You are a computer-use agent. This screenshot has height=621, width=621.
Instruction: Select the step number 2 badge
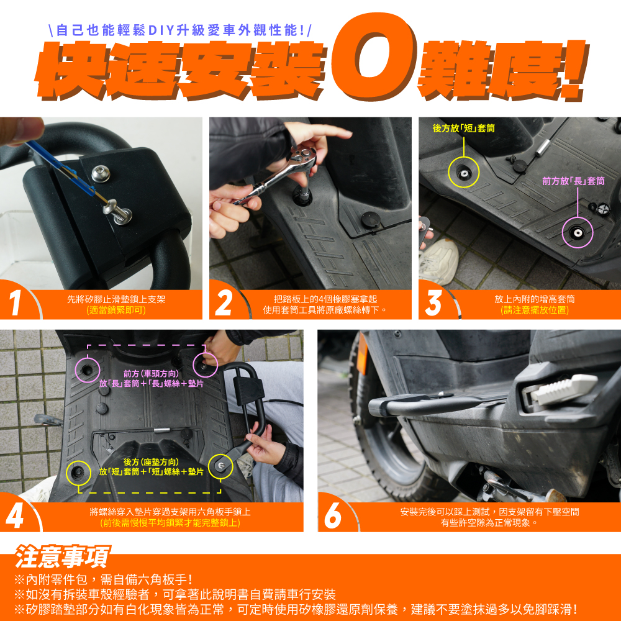tap(224, 303)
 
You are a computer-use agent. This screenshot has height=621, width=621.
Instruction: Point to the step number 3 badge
tap(433, 303)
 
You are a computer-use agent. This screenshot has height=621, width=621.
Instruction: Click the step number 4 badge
tap(15, 515)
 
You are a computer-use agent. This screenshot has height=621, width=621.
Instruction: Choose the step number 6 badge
tap(333, 515)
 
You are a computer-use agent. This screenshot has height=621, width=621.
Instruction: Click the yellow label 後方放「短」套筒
tap(463, 128)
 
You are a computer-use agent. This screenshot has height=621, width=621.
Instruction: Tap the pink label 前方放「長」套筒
tap(573, 181)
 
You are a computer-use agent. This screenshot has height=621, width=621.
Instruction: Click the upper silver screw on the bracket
tap(101, 173)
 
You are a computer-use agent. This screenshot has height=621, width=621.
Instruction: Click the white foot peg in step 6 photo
tap(563, 389)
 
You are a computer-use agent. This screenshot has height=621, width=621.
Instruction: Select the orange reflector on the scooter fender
tap(362, 358)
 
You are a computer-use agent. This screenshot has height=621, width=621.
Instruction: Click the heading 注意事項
tap(61, 556)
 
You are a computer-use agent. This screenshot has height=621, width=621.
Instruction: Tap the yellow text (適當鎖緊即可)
tap(117, 310)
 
